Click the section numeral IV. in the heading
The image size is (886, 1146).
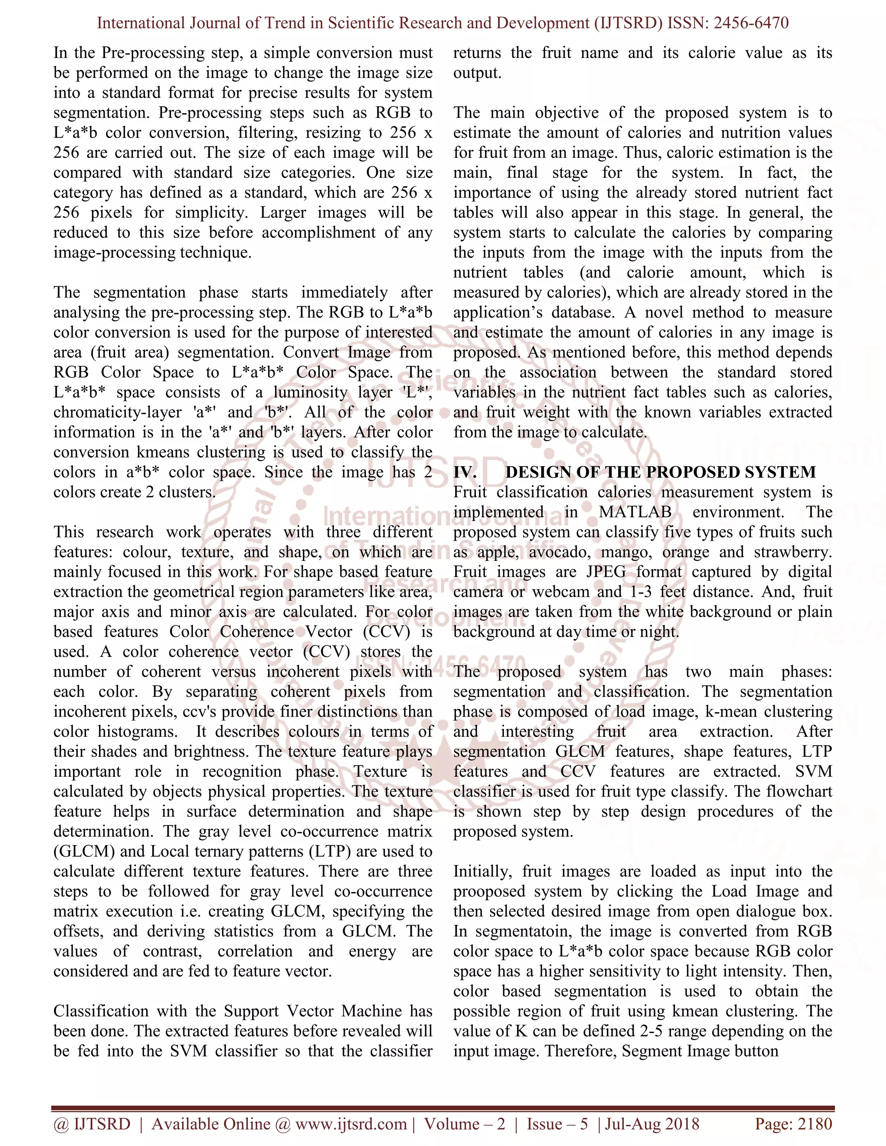tap(465, 472)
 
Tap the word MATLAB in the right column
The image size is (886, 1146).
tap(635, 512)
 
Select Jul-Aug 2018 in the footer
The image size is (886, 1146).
tap(652, 1124)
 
